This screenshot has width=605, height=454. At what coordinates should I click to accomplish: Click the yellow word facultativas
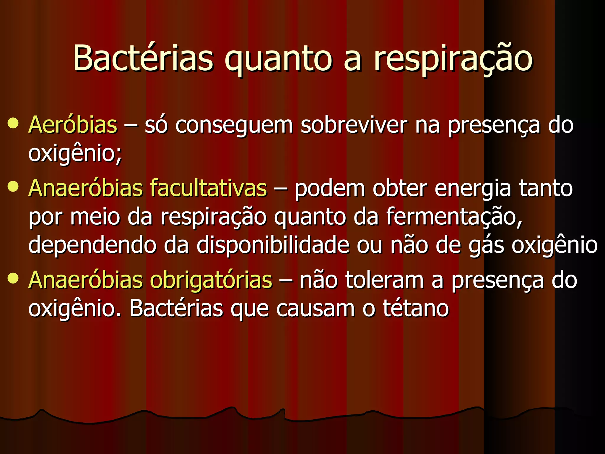pyautogui.click(x=208, y=188)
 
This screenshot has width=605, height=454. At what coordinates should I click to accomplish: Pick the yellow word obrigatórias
pyautogui.click(x=211, y=280)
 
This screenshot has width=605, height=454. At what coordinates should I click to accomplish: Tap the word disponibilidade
pyautogui.click(x=273, y=245)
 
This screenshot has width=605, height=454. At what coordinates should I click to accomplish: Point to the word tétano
pyautogui.click(x=416, y=308)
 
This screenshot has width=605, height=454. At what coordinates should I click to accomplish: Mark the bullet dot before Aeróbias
pyautogui.click(x=13, y=123)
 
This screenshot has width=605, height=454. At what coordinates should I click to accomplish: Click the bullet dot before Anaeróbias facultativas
pyautogui.click(x=13, y=187)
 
